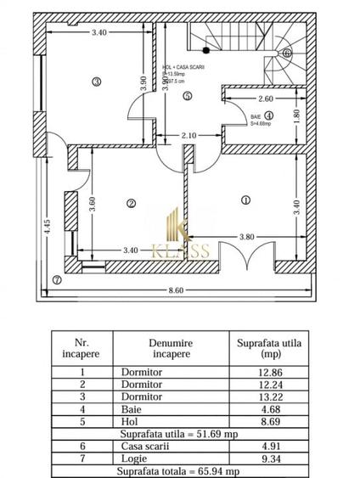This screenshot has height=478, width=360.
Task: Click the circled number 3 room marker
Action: coord(97,82)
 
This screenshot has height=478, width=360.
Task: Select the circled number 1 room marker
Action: coord(246,200)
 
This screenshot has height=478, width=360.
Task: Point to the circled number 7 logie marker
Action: coord(57,278)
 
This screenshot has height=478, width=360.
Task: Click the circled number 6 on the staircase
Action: coord(287,52)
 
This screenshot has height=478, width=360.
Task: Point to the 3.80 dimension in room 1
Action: coord(247,236)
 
